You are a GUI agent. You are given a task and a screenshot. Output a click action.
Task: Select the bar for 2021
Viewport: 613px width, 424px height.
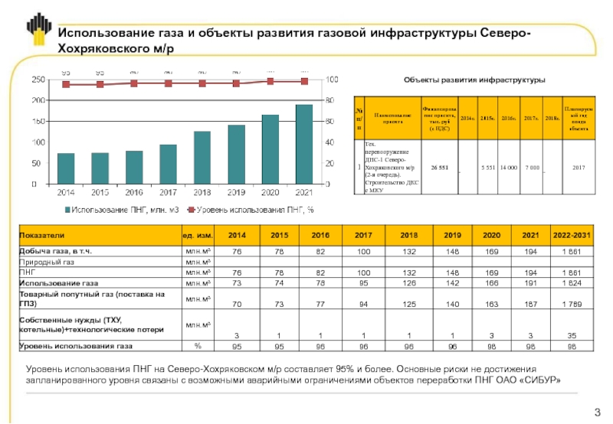point(304,144)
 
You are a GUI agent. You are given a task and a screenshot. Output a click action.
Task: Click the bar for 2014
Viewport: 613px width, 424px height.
point(66,168)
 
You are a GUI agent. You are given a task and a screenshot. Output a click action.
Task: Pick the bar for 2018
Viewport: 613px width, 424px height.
point(202,158)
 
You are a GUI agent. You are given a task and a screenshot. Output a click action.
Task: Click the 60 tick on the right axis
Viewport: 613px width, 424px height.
point(331,121)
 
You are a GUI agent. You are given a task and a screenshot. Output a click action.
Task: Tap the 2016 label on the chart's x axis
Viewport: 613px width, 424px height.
point(134,192)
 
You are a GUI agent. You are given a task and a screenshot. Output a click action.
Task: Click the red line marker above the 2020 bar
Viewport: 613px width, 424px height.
point(270,81)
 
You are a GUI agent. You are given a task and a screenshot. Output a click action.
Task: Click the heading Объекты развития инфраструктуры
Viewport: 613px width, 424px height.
point(474,80)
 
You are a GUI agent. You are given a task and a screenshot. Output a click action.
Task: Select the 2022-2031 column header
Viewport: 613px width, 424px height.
point(573,235)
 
